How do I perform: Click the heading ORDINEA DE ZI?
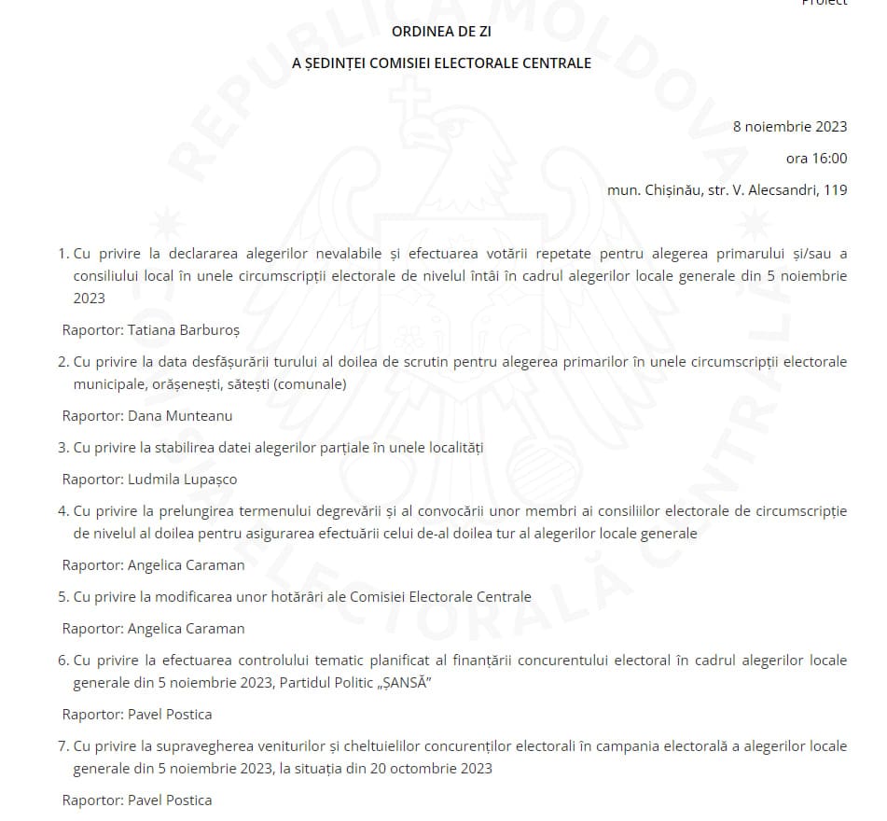pos(441,32)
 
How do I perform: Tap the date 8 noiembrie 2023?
pos(790,127)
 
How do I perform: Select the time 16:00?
pos(829,159)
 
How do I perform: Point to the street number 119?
pos(836,190)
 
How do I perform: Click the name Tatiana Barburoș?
pos(176,330)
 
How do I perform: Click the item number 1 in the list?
pos(62,254)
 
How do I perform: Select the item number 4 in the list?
pos(62,511)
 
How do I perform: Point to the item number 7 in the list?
pos(62,746)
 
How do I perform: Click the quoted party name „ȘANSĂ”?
pos(401,683)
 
